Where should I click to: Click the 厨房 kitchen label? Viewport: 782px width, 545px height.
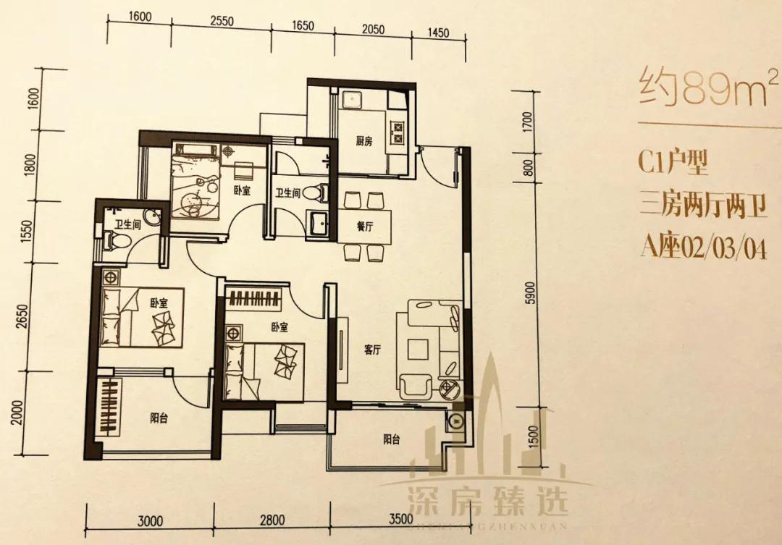click(363, 143)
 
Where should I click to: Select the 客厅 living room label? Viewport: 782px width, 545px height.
click(373, 350)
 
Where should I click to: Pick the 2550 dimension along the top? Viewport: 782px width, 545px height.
click(222, 22)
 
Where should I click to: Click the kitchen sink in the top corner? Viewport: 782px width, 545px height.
click(350, 99)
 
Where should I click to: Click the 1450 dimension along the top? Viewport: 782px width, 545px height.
click(439, 33)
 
